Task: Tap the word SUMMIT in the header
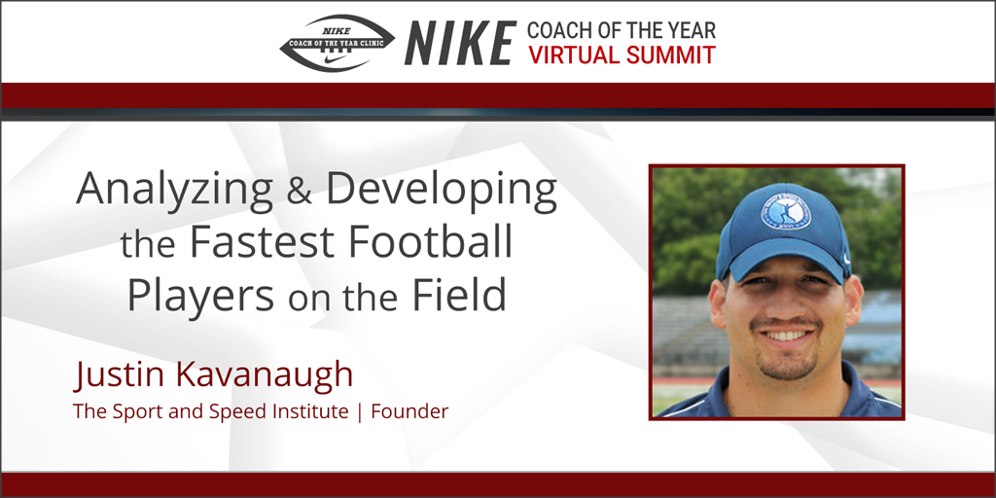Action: tap(668, 54)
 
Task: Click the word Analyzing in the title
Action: tap(182, 191)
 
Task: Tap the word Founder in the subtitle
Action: tap(411, 411)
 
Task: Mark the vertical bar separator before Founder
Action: tap(360, 412)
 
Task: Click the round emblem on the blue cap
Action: tap(785, 210)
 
